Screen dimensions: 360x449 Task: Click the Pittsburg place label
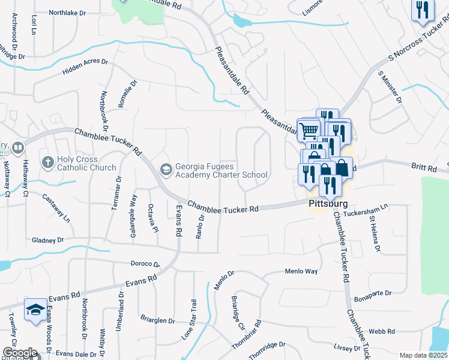coord(328,204)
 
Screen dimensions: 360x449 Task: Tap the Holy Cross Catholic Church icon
coord(48,162)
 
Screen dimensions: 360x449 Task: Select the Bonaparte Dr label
coord(372,293)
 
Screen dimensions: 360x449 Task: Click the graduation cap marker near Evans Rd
coord(35,310)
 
